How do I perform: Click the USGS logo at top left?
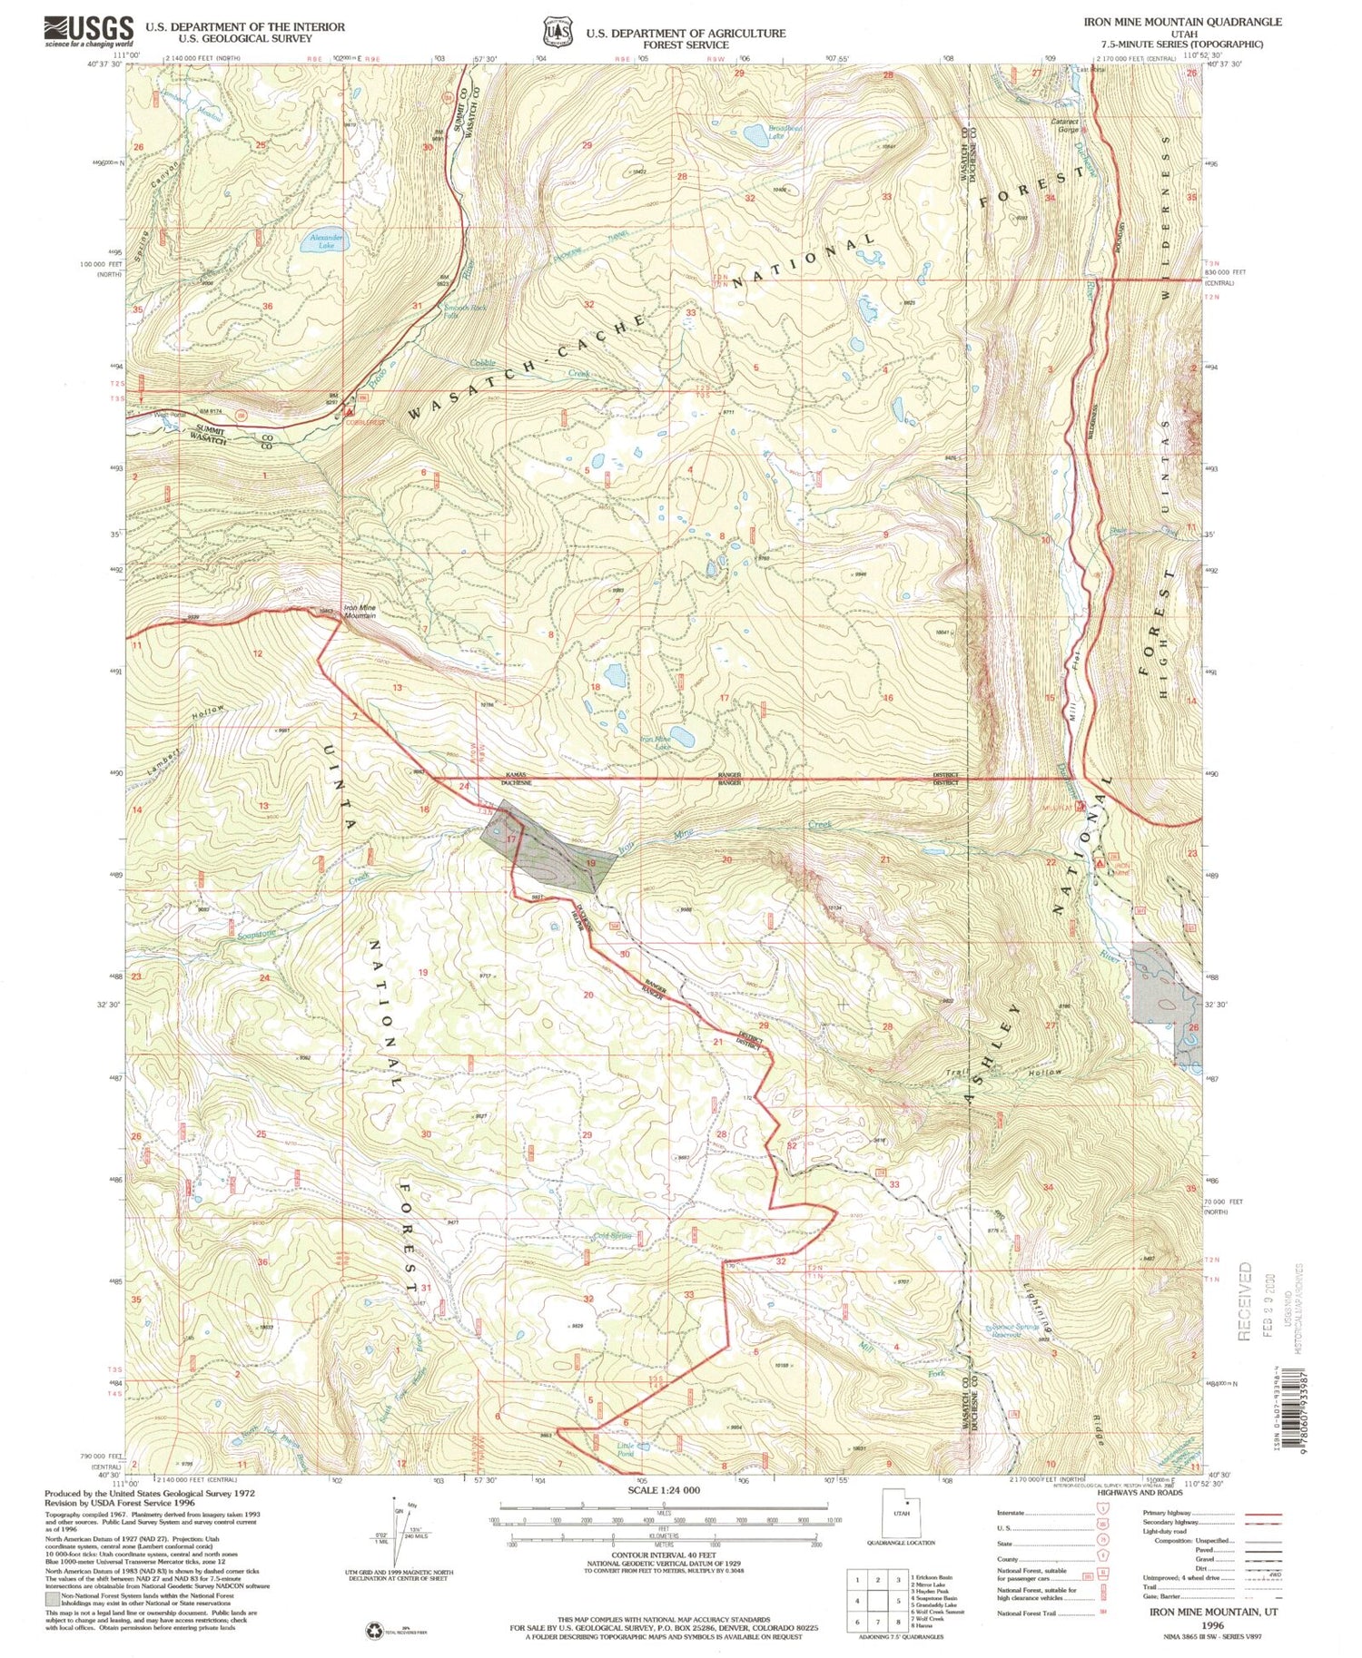click(x=88, y=31)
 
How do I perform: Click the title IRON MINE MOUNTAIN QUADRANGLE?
click(x=1181, y=22)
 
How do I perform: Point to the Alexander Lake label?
click(x=325, y=241)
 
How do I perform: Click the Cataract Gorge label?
click(x=1064, y=125)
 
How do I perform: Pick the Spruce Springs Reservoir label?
click(x=1014, y=1330)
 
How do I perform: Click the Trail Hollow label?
click(x=1003, y=1073)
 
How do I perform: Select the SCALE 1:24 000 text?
click(x=665, y=1490)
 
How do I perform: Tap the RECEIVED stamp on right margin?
click(x=1245, y=1300)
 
